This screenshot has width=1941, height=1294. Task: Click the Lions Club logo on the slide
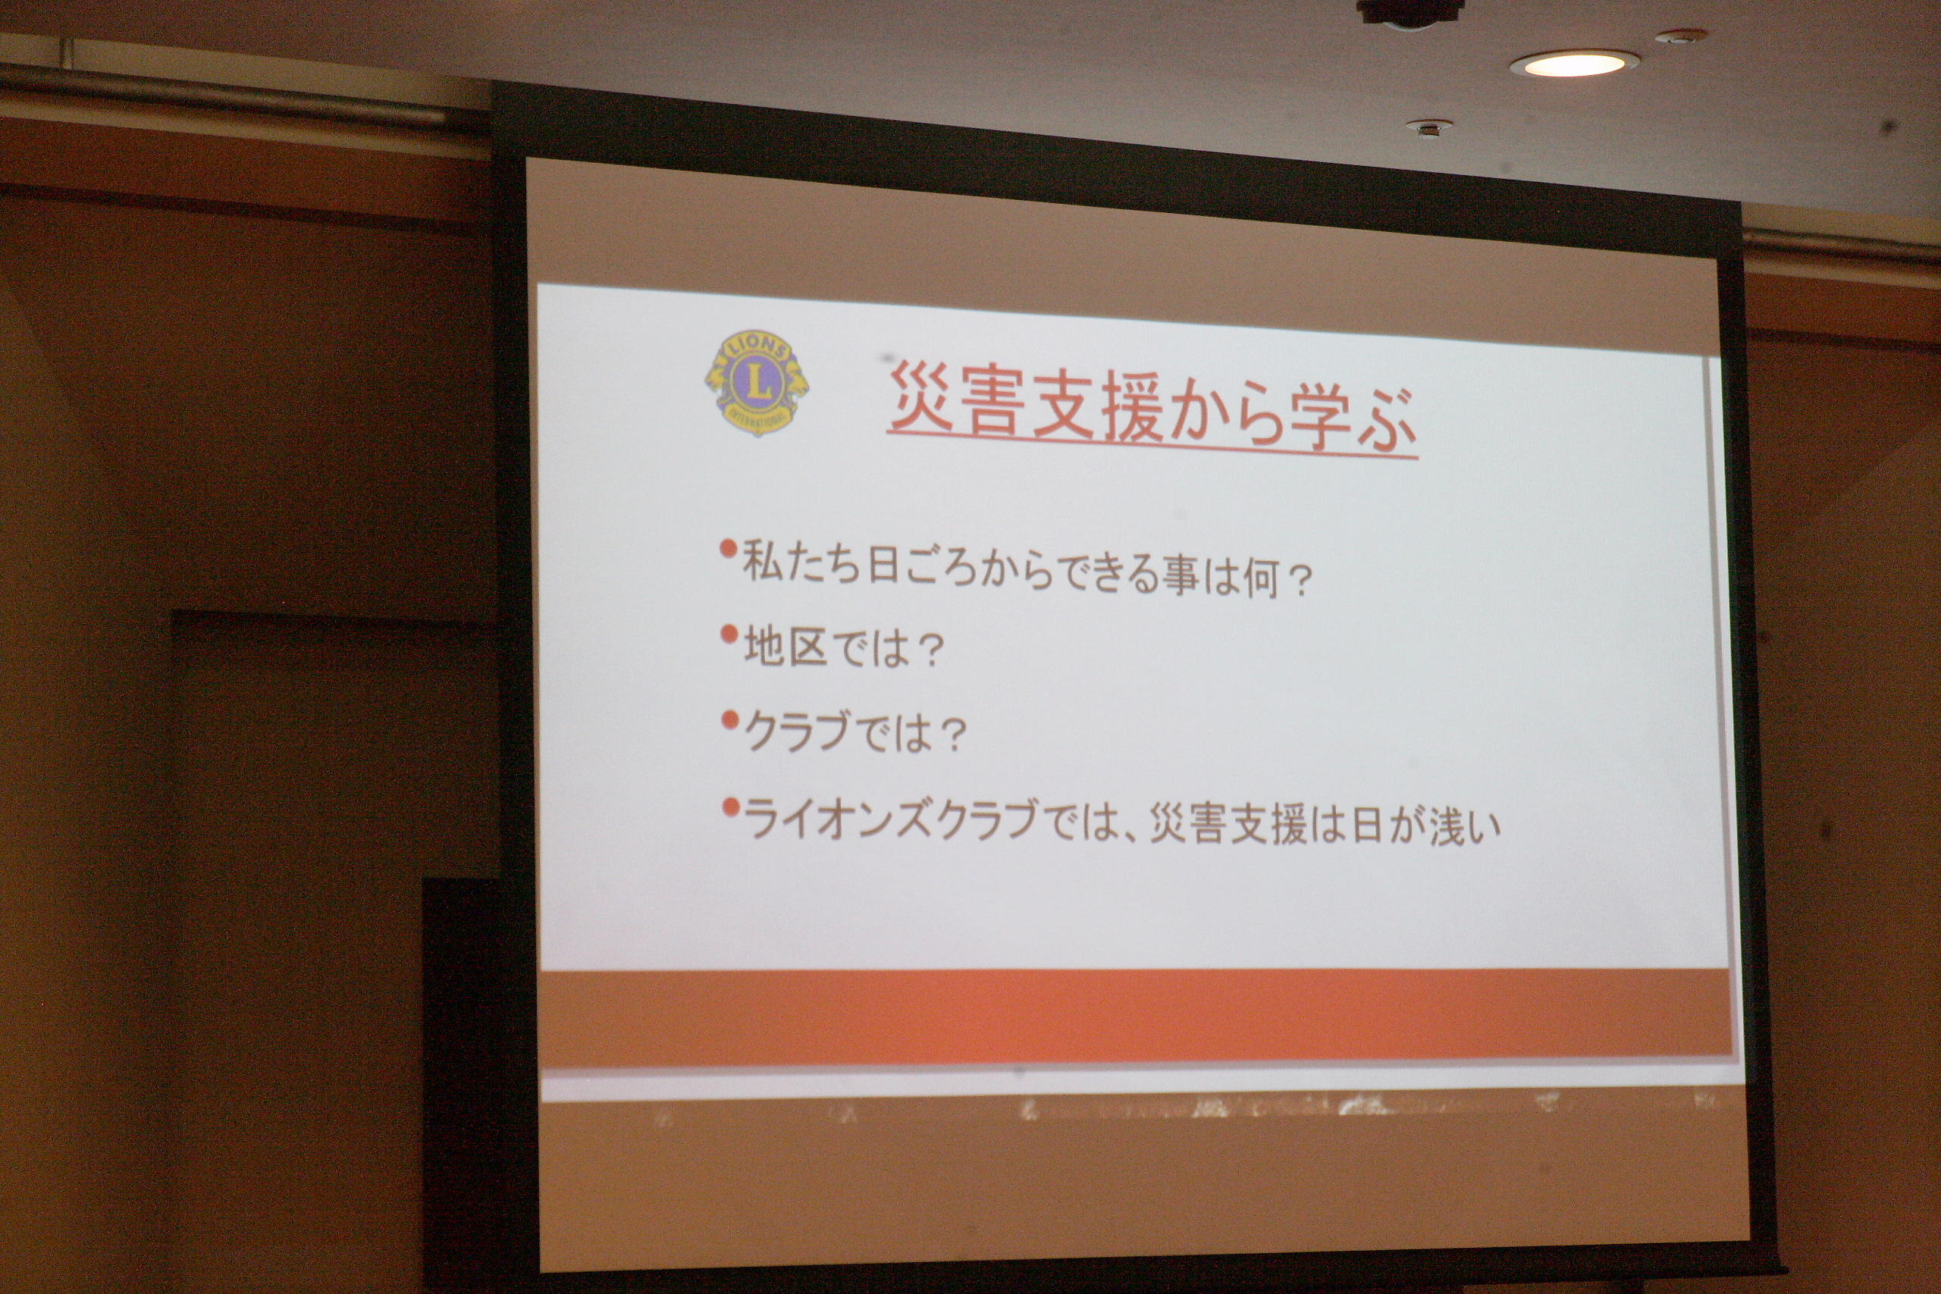[x=756, y=382]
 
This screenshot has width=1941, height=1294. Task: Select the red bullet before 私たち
[x=728, y=549]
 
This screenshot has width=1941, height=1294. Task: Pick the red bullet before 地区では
[x=728, y=634]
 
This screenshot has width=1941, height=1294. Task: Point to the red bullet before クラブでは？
[x=729, y=719]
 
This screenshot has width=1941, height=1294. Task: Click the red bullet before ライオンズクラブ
[x=729, y=807]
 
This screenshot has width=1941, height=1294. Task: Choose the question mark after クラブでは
[x=952, y=737]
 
